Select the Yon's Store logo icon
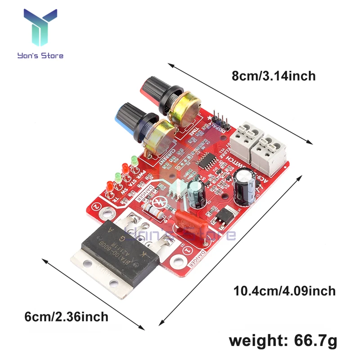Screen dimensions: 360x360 click(40, 28)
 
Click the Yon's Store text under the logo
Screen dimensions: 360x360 click(40, 56)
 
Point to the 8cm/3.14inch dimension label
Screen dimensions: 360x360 click(274, 76)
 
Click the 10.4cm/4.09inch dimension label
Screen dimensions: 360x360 click(284, 291)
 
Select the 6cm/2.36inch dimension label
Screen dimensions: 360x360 click(67, 316)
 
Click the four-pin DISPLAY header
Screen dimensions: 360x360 click(219, 118)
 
